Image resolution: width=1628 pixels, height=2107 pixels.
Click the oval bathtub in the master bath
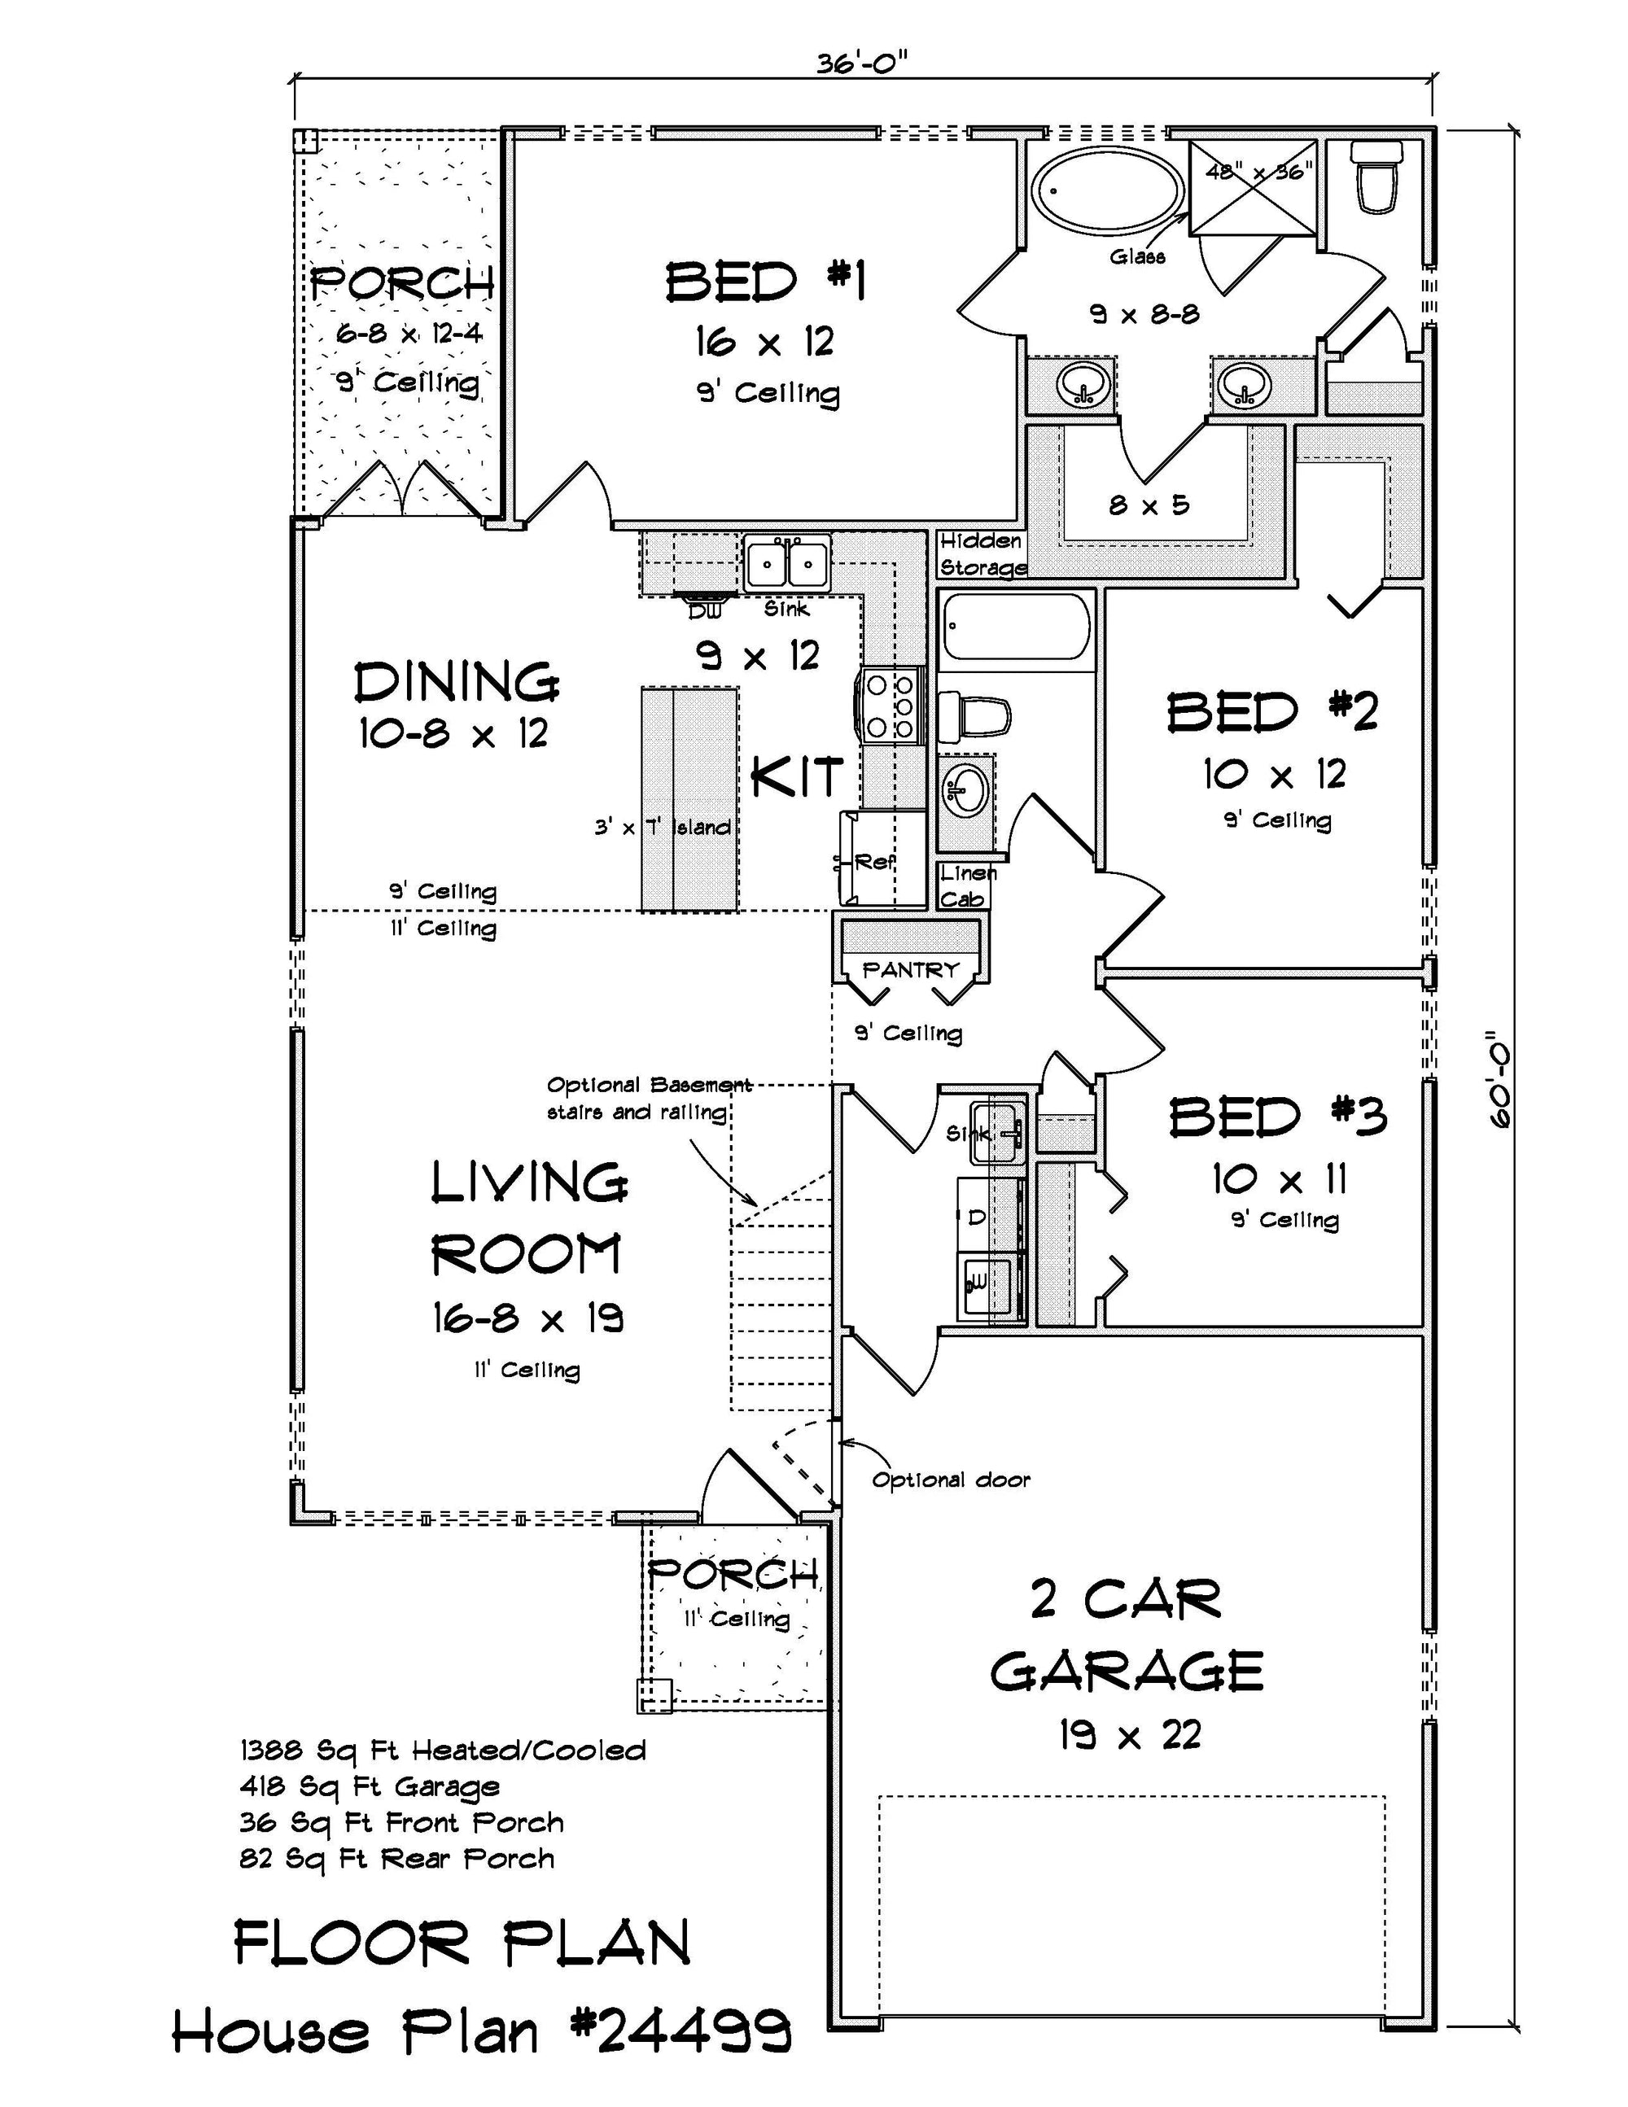pos(1107,190)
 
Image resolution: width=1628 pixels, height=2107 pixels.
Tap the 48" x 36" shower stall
pos(1253,187)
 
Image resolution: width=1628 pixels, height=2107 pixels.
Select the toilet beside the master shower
pos(1375,176)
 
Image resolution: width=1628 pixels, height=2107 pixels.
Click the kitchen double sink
pos(787,563)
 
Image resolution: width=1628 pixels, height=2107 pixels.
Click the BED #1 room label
pos(765,282)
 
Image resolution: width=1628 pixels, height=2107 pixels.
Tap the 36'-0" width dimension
pos(862,63)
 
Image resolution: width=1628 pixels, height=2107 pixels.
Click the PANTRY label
pos(911,968)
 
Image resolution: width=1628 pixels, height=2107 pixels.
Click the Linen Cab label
pos(966,885)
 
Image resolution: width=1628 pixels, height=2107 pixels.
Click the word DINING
pos(457,682)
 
